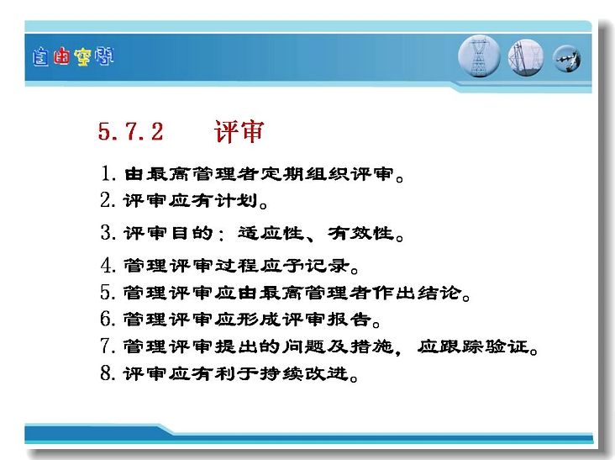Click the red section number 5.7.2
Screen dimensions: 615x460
click(130, 131)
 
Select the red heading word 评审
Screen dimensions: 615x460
click(239, 131)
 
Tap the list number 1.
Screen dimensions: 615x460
click(108, 173)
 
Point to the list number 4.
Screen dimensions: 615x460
click(108, 266)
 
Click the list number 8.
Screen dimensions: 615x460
click(108, 373)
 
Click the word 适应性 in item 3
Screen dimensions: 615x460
click(271, 233)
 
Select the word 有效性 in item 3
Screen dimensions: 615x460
click(360, 233)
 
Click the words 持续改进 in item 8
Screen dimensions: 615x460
click(304, 373)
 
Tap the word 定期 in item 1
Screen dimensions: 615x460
click(282, 173)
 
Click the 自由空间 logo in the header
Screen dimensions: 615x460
click(73, 56)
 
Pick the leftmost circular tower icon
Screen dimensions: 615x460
click(479, 56)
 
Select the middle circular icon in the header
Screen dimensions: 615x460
click(526, 58)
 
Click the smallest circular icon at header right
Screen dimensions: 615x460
click(567, 59)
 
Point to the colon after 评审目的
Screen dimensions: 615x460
click(222, 235)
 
